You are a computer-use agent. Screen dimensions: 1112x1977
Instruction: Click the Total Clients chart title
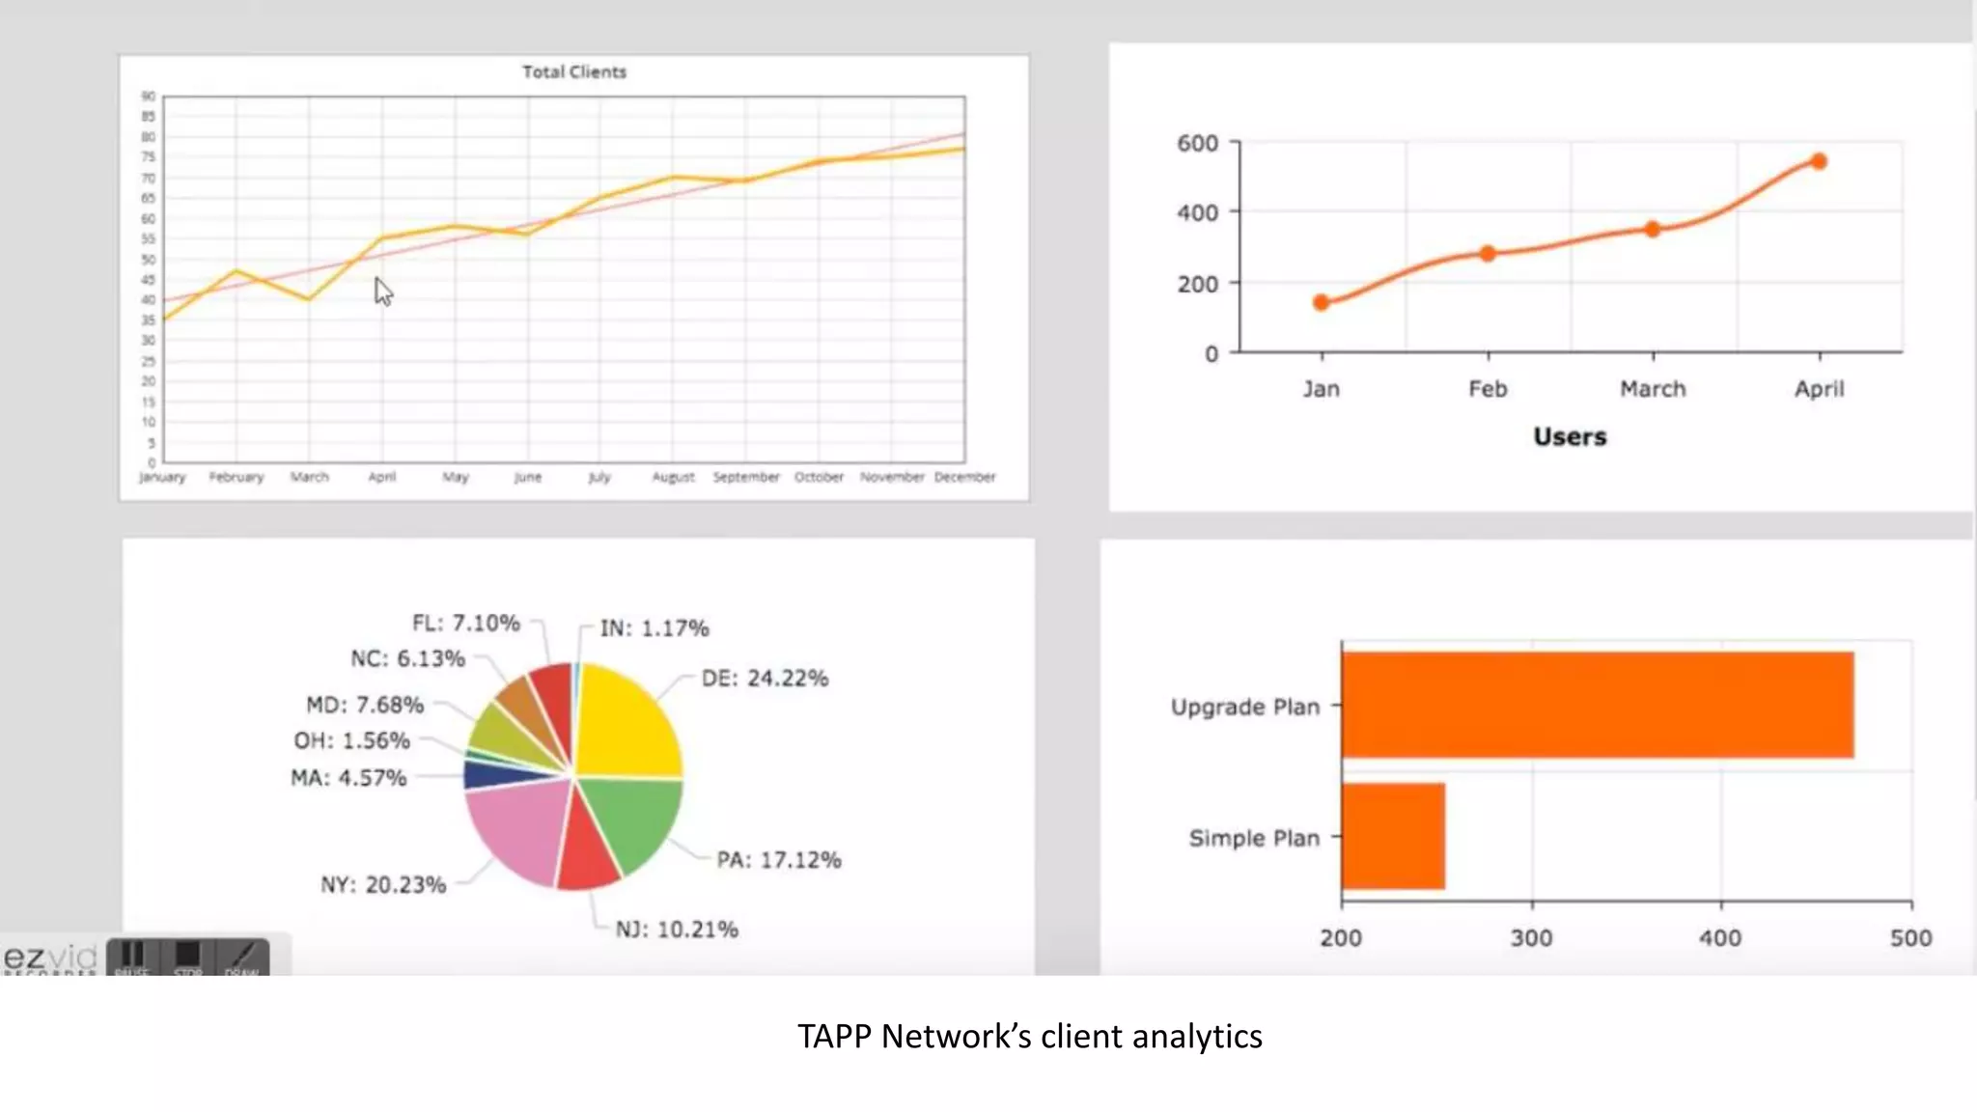pos(574,71)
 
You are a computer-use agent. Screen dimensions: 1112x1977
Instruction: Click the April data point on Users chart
pos(1819,161)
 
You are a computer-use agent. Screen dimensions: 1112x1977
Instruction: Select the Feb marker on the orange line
pos(1488,253)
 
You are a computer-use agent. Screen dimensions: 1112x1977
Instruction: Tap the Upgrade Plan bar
pos(1597,705)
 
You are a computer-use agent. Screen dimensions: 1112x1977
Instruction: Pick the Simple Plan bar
pos(1393,836)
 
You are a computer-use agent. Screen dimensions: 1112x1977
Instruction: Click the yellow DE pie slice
pos(628,724)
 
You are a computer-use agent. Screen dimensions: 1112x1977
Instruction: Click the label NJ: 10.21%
pos(677,930)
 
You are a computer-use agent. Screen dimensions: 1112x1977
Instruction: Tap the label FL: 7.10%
pos(466,624)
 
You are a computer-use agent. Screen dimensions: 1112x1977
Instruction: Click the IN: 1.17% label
pos(654,628)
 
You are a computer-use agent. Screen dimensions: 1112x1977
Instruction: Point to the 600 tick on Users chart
pos(1197,144)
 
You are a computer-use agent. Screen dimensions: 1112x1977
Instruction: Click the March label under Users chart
pos(1653,389)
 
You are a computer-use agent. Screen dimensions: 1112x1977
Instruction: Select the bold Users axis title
pos(1570,436)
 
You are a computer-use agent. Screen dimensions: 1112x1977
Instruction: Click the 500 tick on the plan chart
pos(1910,937)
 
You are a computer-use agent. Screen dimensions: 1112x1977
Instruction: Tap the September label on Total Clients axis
pos(746,477)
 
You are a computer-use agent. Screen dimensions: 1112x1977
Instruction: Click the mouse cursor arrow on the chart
pos(383,291)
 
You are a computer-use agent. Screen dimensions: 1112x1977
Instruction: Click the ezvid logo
pos(50,958)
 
